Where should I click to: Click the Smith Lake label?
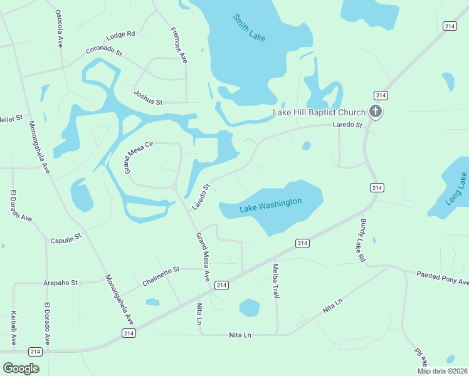250,28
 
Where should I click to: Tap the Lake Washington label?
270,204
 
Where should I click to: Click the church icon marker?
376,112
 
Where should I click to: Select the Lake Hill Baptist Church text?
319,113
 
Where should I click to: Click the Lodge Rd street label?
121,34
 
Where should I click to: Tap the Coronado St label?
103,50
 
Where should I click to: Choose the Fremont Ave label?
179,44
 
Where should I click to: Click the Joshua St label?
148,97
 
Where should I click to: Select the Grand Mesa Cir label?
138,157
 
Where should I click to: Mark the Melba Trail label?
275,280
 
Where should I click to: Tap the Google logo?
21,368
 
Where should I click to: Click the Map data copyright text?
442,371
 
